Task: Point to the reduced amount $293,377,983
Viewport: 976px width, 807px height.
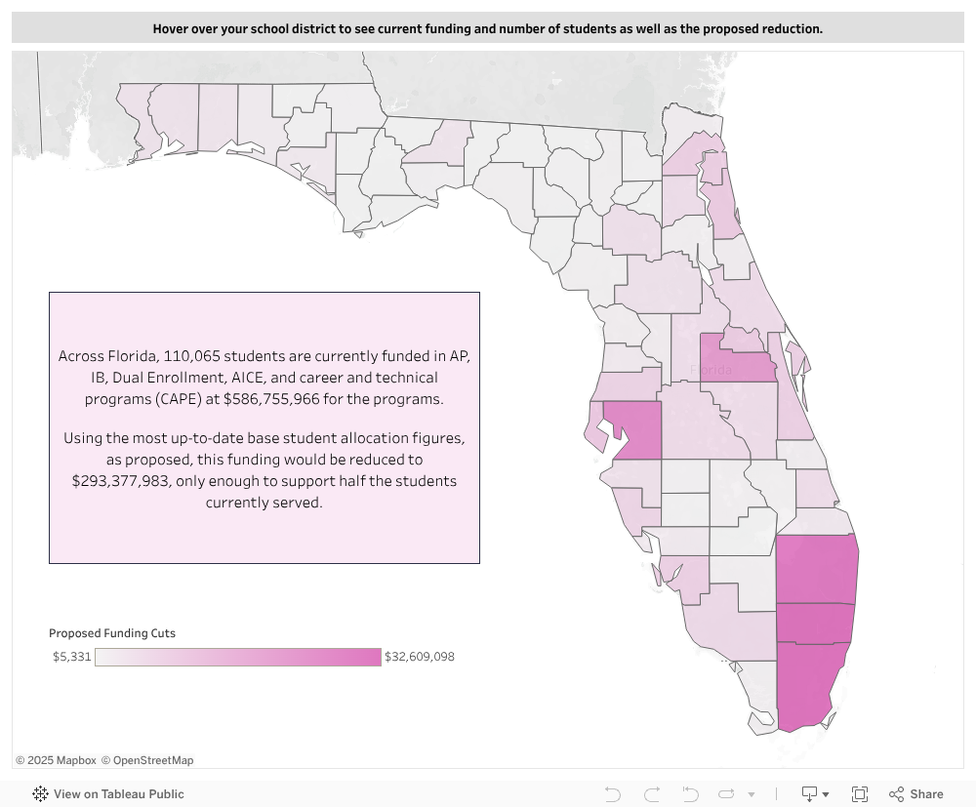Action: pos(124,481)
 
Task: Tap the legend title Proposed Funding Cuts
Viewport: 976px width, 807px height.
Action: pos(112,633)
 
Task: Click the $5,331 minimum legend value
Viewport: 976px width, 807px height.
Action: pos(72,657)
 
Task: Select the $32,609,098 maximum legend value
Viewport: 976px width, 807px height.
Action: pos(420,657)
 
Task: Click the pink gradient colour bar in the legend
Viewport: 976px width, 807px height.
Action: pos(237,657)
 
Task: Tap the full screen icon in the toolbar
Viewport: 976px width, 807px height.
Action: pos(860,794)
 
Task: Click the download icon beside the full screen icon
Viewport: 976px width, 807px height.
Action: pos(809,794)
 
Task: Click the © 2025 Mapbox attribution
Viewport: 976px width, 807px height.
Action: pos(56,760)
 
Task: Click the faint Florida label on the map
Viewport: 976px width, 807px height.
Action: pos(711,371)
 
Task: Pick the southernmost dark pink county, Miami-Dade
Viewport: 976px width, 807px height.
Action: pos(807,683)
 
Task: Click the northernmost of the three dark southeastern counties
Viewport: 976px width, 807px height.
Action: pos(816,569)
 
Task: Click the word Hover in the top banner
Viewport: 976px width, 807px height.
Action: pos(172,28)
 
